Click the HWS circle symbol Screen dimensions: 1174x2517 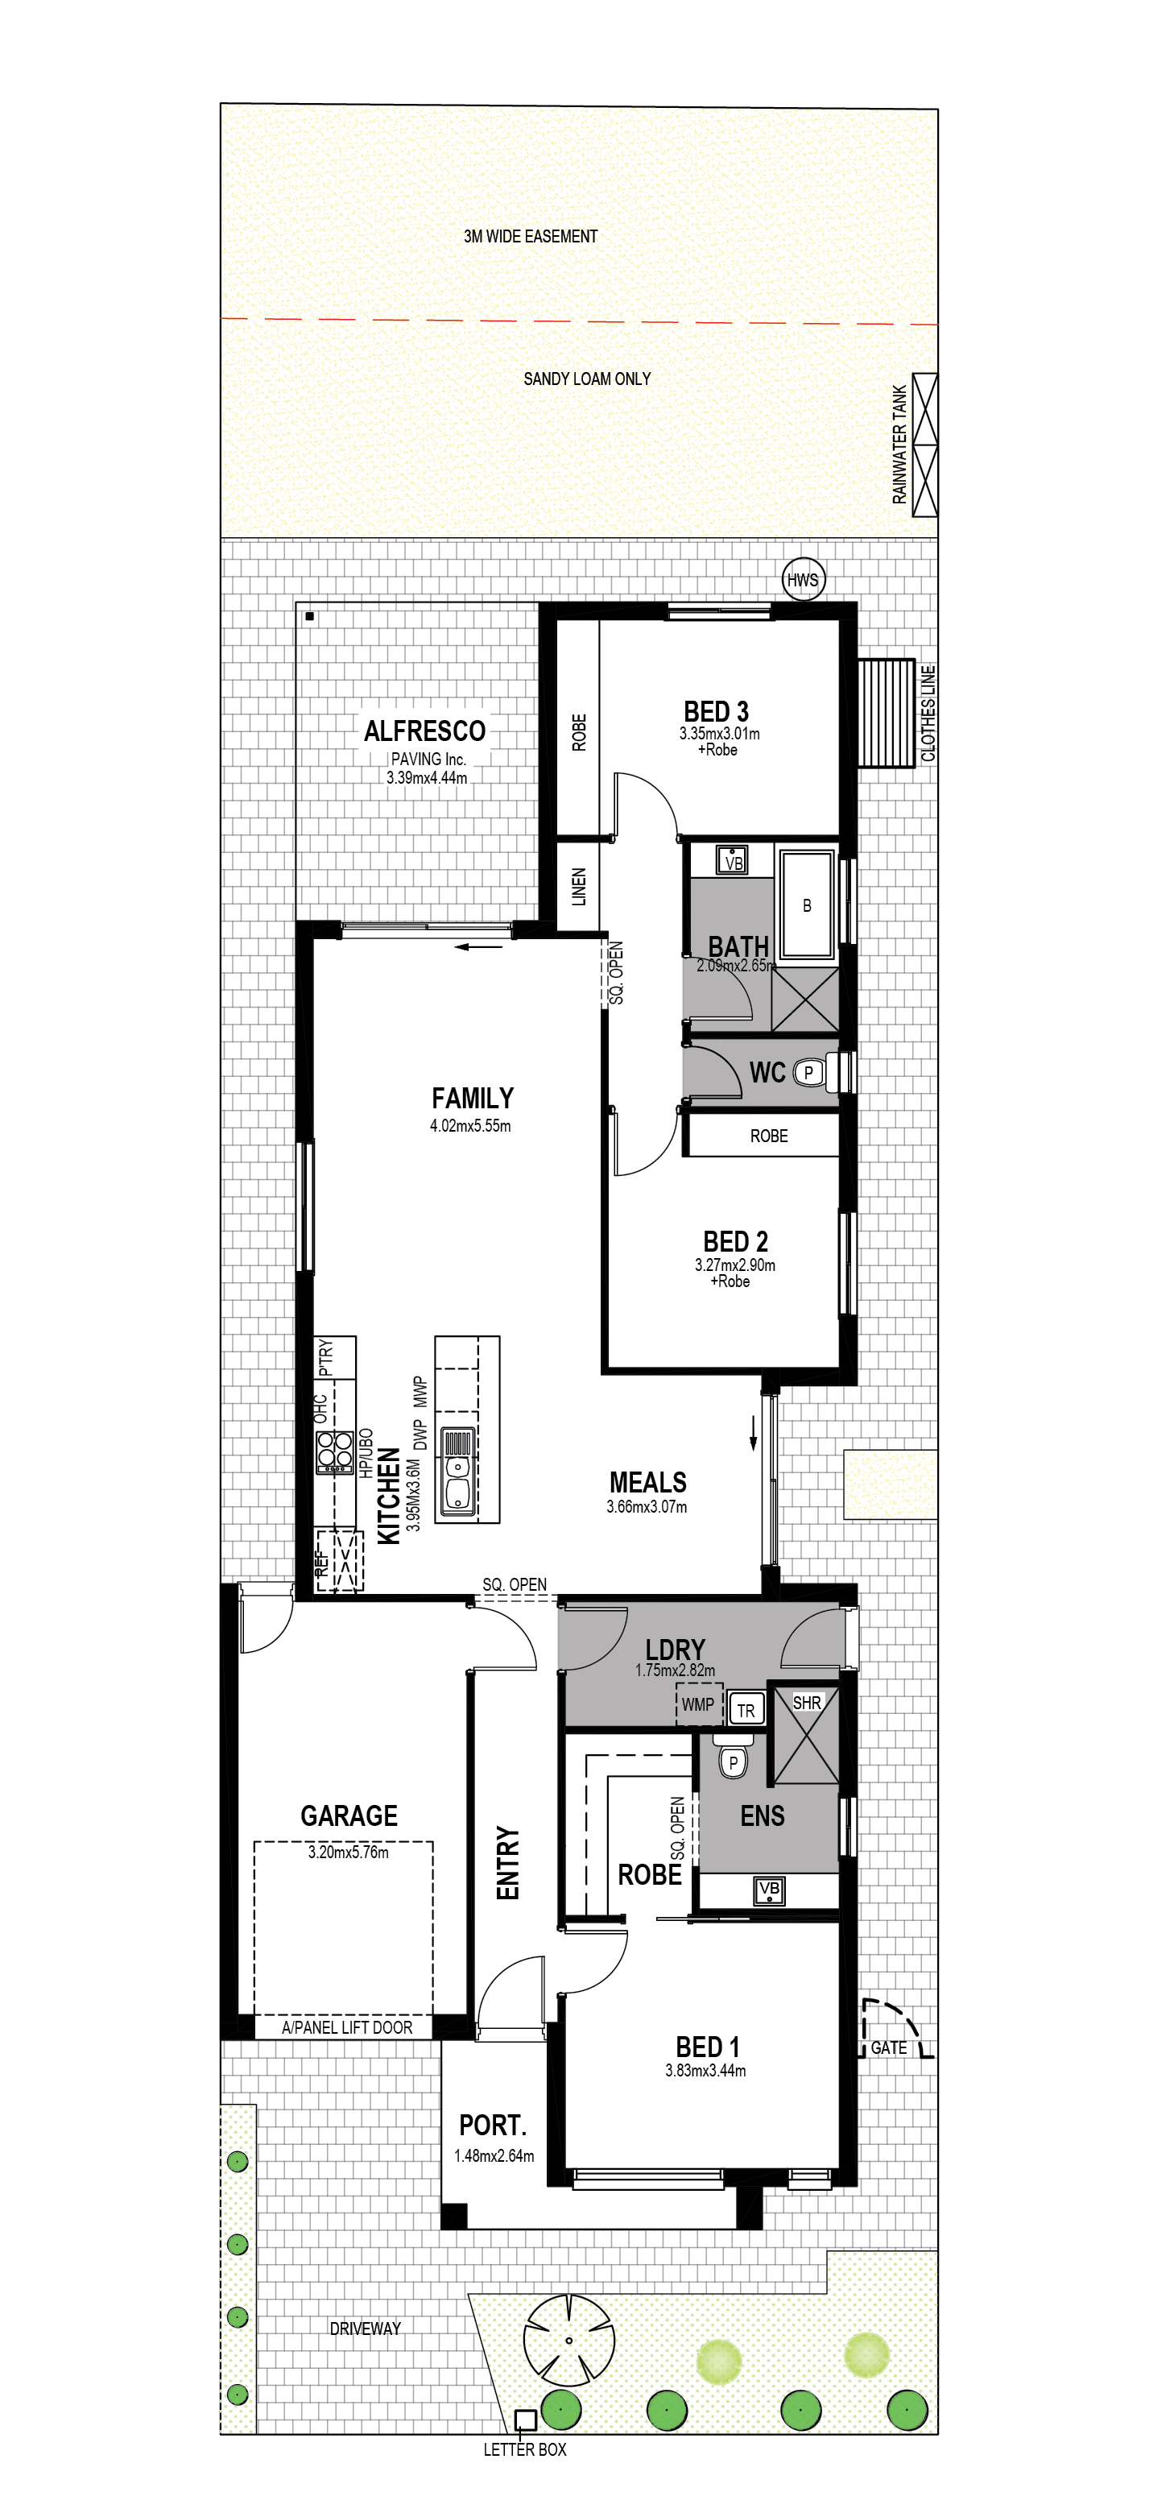pyautogui.click(x=803, y=579)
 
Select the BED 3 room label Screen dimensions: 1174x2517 pyautogui.click(x=716, y=711)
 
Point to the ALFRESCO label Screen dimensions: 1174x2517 pyautogui.click(x=425, y=731)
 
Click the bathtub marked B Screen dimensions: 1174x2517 pyautogui.click(x=807, y=905)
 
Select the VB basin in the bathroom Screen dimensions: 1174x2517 pyautogui.click(x=733, y=861)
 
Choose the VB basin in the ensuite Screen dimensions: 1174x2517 pyautogui.click(x=770, y=1889)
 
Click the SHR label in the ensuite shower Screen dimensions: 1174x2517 pyautogui.click(x=807, y=1702)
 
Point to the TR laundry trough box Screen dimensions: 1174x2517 pyautogui.click(x=746, y=1709)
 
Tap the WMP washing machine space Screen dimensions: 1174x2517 pyautogui.click(x=698, y=1704)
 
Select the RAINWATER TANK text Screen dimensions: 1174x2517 pyautogui.click(x=899, y=445)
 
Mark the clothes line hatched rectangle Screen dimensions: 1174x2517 pyautogui.click(x=885, y=712)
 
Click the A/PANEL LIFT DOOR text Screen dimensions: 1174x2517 pyautogui.click(x=347, y=2027)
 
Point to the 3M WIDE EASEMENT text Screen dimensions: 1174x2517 pyautogui.click(x=531, y=237)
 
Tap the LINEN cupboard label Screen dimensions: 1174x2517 pyautogui.click(x=578, y=886)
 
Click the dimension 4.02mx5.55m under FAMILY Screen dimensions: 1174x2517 pyautogui.click(x=469, y=1126)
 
